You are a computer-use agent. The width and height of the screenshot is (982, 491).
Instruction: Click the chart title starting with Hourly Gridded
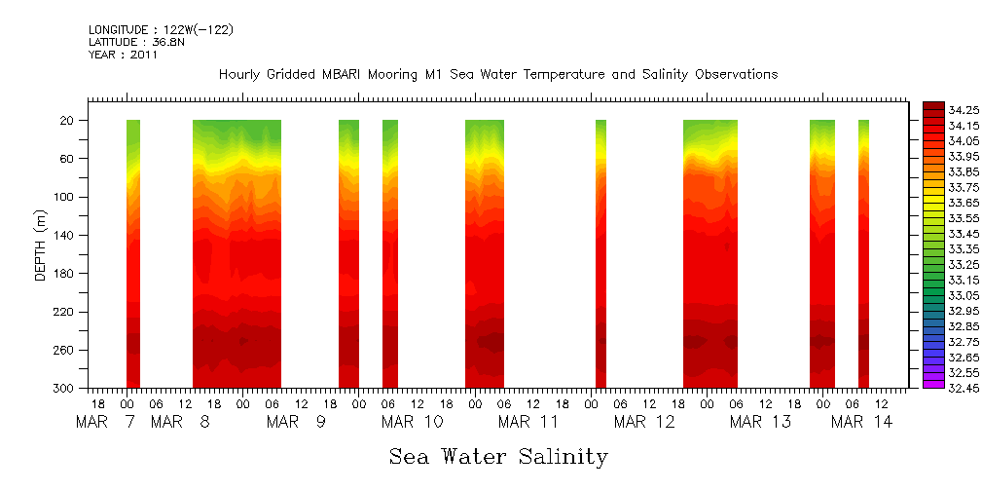pyautogui.click(x=498, y=75)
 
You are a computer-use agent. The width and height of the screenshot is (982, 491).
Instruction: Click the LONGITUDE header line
pyautogui.click(x=161, y=30)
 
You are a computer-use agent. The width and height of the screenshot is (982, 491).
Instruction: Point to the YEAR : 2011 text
pyautogui.click(x=123, y=56)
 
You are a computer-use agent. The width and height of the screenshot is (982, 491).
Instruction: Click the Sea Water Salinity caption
pyautogui.click(x=498, y=457)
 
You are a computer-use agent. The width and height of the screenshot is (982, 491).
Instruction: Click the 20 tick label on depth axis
pyautogui.click(x=68, y=121)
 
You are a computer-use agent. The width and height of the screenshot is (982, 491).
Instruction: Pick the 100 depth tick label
pyautogui.click(x=65, y=197)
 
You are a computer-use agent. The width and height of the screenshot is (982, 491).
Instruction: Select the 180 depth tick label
pyautogui.click(x=65, y=274)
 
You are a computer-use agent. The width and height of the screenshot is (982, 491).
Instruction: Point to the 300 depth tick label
pyautogui.click(x=65, y=389)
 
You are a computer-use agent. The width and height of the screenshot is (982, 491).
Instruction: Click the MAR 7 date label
pyautogui.click(x=107, y=422)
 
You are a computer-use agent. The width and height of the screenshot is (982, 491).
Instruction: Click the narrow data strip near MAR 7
pyautogui.click(x=133, y=253)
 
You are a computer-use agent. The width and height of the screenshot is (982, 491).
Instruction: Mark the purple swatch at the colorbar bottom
pyautogui.click(x=933, y=384)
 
